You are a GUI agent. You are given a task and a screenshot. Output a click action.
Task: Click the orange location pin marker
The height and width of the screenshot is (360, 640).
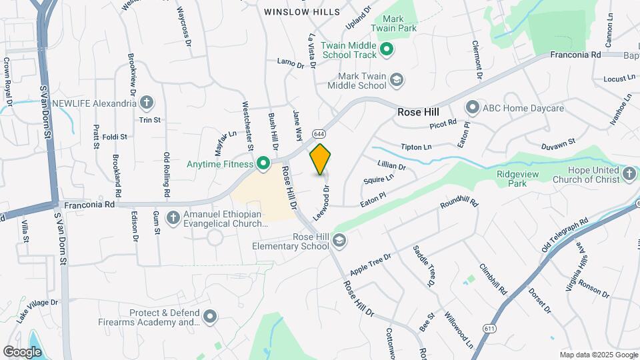coord(321,159)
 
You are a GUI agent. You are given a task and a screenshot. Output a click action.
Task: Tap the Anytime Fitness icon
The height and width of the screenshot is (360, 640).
coord(263,163)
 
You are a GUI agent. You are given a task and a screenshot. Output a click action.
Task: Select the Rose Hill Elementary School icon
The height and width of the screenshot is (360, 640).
coord(339,240)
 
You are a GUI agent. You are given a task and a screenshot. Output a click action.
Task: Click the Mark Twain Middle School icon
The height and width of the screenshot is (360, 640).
coord(397,81)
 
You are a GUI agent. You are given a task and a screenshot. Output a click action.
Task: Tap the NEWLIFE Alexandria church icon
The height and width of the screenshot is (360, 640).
coord(147,103)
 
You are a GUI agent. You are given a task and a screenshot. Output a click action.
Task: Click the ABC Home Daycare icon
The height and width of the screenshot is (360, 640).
coord(473,107)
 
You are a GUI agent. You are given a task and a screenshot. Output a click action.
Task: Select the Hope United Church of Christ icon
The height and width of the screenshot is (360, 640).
coord(629,175)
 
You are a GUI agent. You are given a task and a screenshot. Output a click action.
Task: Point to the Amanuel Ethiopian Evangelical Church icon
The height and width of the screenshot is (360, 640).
coord(173,217)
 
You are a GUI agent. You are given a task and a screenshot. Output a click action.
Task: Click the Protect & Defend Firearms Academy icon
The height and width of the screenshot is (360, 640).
coord(211,317)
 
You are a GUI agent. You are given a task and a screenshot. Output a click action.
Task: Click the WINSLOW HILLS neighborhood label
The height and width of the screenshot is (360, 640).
coord(301,12)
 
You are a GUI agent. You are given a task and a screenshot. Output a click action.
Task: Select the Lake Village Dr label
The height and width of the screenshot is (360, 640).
coord(38,311)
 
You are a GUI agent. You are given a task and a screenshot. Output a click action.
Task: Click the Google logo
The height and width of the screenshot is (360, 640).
coord(22,351)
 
